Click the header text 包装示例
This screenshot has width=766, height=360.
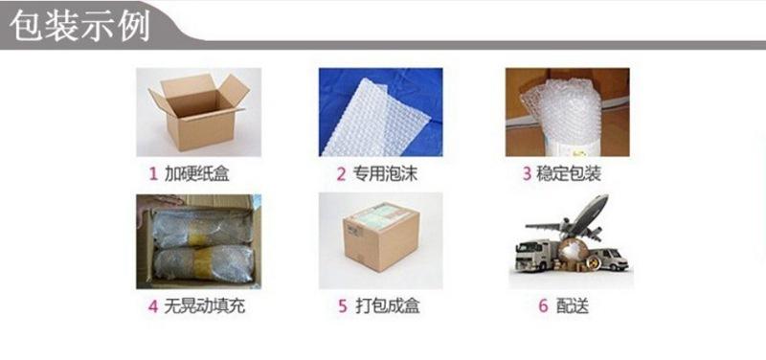[79, 25]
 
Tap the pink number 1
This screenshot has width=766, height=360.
[152, 174]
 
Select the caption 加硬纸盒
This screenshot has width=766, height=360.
[197, 174]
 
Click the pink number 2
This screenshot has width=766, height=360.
[340, 174]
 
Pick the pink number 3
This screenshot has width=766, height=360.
[526, 174]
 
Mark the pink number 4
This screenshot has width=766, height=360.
[152, 307]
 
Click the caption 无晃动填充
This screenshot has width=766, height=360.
[204, 307]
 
